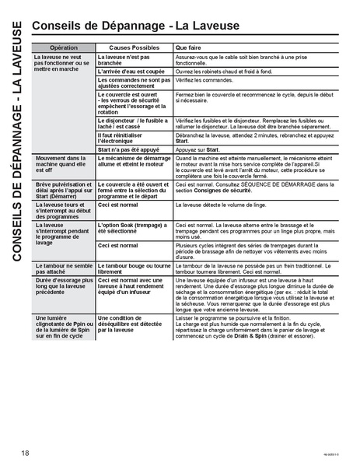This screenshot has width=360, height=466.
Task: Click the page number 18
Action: (26, 454)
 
